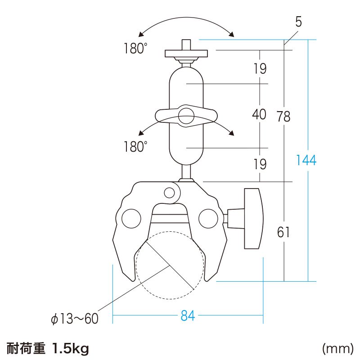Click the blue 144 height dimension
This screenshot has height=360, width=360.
[306, 160]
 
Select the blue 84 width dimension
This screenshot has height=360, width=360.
[188, 316]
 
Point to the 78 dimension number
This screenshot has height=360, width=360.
[283, 117]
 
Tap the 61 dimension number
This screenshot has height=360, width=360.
[283, 232]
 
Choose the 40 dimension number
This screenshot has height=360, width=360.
[259, 115]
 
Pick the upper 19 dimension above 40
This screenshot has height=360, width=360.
[259, 69]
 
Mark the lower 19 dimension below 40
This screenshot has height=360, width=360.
[259, 164]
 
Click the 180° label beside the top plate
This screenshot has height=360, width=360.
[135, 49]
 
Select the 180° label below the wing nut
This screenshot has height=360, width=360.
[135, 146]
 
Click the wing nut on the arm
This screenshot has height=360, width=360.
[186, 116]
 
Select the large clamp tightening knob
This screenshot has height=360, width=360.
[252, 219]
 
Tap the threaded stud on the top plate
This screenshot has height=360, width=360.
[186, 45]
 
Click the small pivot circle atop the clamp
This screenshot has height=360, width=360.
[169, 193]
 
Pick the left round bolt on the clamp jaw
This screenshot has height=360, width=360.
[130, 218]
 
